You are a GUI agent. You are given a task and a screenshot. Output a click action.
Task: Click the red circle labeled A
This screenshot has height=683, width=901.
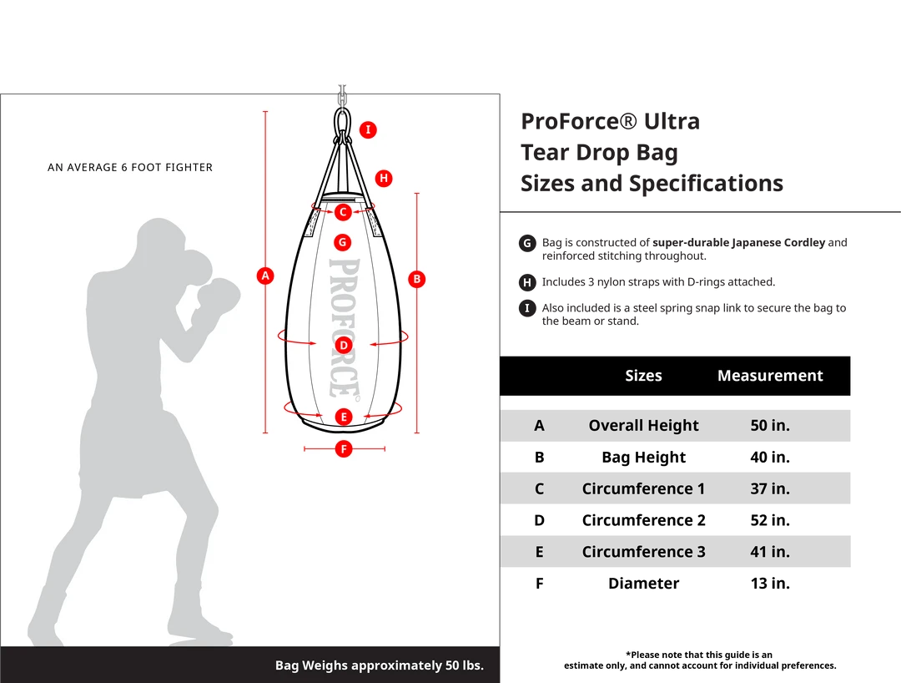[265, 276]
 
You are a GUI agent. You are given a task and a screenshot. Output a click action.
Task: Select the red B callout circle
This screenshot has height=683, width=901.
[417, 279]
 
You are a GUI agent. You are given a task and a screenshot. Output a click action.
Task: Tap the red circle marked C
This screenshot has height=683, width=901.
[343, 212]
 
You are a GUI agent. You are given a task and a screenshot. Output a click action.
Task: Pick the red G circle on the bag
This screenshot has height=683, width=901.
[342, 242]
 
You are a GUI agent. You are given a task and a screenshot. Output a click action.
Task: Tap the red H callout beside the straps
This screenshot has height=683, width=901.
[384, 178]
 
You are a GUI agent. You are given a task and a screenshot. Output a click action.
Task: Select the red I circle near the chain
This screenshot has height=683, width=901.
[368, 129]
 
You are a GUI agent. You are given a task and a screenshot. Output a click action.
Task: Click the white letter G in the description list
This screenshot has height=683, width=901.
[527, 244]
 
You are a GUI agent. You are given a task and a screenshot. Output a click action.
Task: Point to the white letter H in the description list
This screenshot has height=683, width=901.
[527, 283]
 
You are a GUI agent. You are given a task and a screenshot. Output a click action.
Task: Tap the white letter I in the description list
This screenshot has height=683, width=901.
[527, 308]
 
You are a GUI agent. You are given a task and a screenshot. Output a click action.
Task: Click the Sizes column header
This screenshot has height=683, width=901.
[643, 376]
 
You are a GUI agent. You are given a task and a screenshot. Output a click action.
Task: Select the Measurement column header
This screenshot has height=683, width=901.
[770, 376]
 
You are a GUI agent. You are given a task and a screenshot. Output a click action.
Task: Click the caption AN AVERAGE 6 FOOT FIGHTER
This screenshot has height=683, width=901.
[130, 168]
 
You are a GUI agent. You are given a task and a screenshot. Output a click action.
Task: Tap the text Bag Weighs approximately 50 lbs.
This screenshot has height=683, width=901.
[380, 665]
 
